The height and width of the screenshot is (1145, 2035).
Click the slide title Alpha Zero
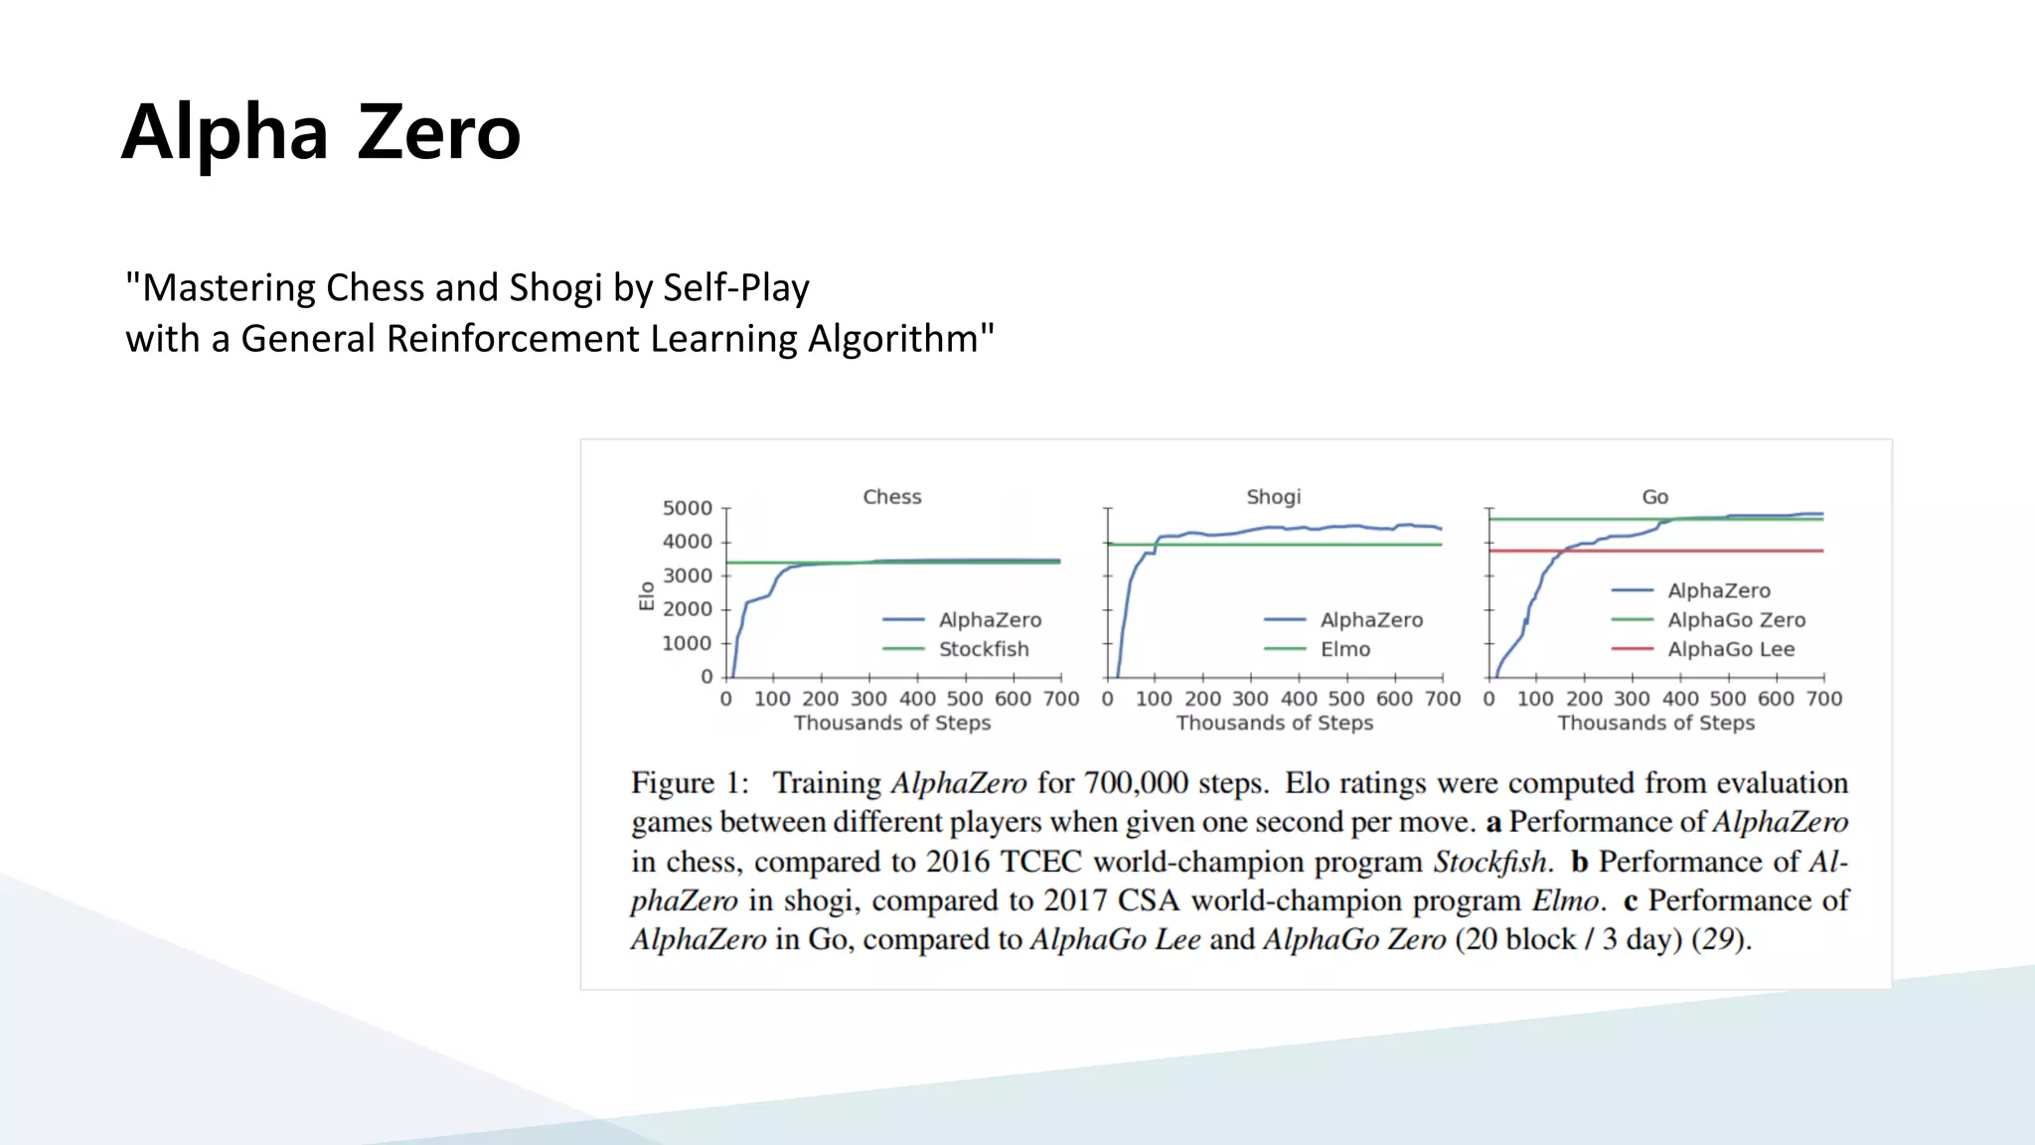321,132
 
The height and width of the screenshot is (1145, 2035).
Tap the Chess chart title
891,497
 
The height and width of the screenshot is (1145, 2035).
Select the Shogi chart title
1273,497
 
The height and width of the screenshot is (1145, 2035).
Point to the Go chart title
1654,497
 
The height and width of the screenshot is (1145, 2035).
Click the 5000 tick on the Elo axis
687,509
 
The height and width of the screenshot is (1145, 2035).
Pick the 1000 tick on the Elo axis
687,644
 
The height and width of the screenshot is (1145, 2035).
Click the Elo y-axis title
647,595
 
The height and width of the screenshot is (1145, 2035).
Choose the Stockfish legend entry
983,649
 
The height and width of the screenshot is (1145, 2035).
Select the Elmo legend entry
1344,649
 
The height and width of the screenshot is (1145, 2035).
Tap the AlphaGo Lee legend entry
1730,649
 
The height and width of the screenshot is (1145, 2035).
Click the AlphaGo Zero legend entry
1736,620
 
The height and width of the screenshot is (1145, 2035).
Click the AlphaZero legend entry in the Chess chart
990,620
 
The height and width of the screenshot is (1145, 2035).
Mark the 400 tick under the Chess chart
917,699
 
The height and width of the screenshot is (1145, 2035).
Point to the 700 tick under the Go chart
1823,699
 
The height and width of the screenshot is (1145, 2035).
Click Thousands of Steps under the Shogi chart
1274,724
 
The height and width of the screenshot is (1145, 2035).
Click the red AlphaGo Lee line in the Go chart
1689,551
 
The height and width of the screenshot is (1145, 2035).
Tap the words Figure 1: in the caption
690,783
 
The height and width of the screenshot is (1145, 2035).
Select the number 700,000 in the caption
1136,783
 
